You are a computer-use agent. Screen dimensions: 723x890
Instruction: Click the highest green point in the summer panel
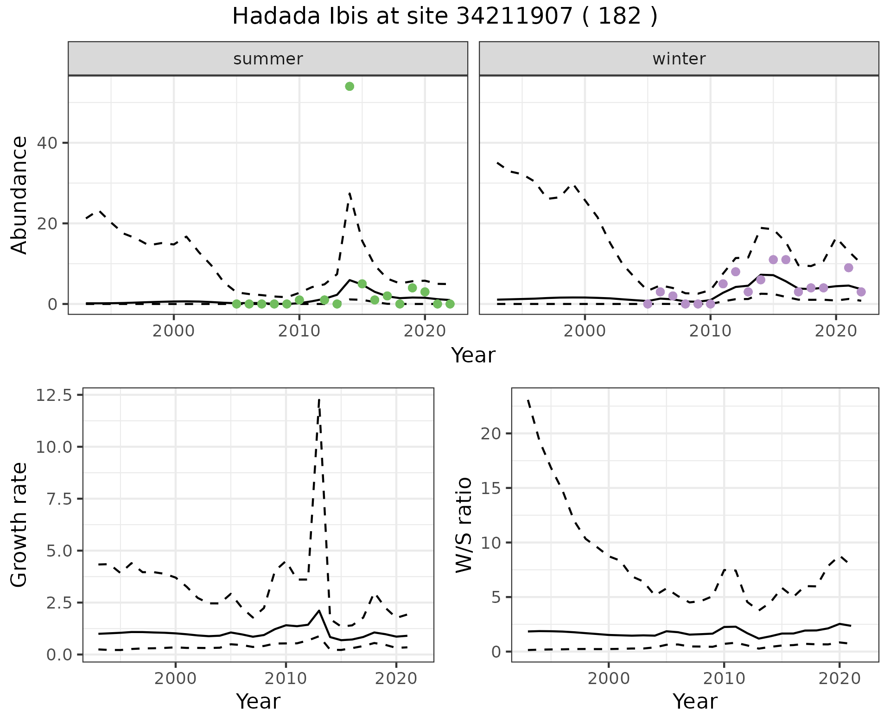pyautogui.click(x=350, y=86)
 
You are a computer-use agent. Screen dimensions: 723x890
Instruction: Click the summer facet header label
pyautogui.click(x=267, y=59)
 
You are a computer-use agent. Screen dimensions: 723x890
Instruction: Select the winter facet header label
pyautogui.click(x=679, y=59)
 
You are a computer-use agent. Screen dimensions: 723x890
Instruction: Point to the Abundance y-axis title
pyautogui.click(x=19, y=195)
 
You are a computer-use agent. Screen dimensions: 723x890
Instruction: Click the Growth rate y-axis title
pyautogui.click(x=19, y=525)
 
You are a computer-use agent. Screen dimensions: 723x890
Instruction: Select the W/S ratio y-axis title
pyautogui.click(x=464, y=525)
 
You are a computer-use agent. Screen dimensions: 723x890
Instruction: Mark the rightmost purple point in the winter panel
pyautogui.click(x=861, y=292)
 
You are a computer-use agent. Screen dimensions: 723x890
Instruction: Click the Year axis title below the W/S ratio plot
pyautogui.click(x=695, y=701)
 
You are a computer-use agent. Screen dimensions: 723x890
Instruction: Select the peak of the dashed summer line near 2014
pyautogui.click(x=350, y=193)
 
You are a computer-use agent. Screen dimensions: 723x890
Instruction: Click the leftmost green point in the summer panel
pyautogui.click(x=236, y=304)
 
